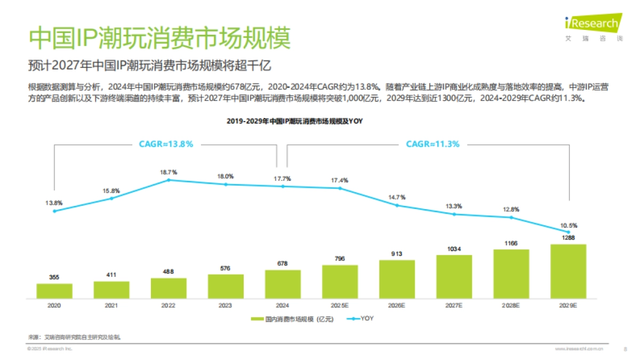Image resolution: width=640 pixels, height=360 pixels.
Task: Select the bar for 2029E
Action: (x=568, y=271)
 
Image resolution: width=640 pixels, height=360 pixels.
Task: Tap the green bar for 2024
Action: (x=283, y=283)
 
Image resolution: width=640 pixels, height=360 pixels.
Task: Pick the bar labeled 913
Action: (x=397, y=278)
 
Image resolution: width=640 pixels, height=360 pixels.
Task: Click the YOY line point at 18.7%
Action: (x=169, y=180)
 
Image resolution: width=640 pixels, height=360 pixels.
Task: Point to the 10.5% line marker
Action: (x=569, y=232)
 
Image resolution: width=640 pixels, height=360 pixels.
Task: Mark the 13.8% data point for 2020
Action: (x=54, y=211)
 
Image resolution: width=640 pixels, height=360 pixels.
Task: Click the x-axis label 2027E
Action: (x=454, y=306)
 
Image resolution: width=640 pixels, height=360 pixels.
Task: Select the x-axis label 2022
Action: (x=169, y=306)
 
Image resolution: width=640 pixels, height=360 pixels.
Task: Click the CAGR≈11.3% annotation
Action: (x=433, y=144)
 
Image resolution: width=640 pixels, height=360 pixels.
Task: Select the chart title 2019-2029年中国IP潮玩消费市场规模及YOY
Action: (x=294, y=122)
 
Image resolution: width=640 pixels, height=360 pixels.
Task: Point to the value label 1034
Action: (x=454, y=249)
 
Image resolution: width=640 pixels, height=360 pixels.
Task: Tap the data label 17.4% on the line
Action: (x=339, y=180)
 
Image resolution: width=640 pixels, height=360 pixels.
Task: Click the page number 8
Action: (x=625, y=349)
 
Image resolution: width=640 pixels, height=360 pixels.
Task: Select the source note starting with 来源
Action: (x=74, y=338)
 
